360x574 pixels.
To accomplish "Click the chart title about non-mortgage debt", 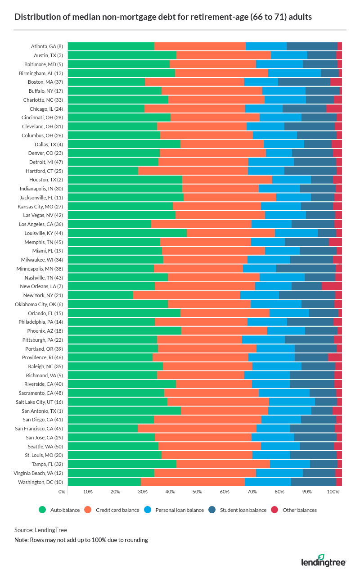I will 163,17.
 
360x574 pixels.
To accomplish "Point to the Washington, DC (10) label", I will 40,482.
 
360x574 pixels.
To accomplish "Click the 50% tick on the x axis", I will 197,492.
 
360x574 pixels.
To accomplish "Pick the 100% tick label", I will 333,492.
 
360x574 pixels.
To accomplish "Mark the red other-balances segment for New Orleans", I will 332,286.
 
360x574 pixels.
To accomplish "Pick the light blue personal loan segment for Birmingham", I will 294,73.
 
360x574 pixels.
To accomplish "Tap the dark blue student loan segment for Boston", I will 304,82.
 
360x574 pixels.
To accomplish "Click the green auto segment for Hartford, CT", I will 103,171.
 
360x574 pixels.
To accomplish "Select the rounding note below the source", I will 81,540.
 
